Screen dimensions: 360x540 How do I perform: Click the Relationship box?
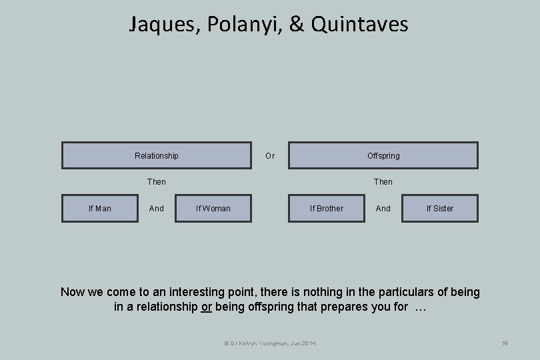click(157, 155)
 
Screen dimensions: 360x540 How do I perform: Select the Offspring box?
click(383, 155)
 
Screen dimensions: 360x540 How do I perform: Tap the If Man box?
click(100, 208)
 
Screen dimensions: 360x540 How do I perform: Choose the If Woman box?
click(213, 208)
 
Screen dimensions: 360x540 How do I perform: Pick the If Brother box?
click(327, 208)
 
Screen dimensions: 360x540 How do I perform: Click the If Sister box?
click(440, 208)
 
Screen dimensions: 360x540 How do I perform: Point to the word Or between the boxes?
click(270, 156)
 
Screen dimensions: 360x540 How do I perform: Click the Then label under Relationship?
click(157, 181)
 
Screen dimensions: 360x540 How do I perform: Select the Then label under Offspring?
click(383, 181)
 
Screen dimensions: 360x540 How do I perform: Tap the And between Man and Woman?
click(157, 209)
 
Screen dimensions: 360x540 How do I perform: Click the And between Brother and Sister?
click(383, 209)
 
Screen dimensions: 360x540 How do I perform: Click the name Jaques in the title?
click(164, 25)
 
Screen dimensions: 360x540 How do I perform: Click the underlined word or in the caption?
click(206, 307)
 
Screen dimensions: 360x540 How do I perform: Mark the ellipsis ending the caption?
click(420, 307)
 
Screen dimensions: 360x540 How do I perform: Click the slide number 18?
click(504, 343)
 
